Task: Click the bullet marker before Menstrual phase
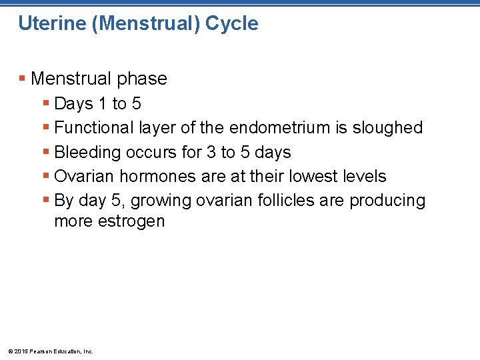coord(23,79)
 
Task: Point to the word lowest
coord(316,176)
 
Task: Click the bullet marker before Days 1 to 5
coord(46,104)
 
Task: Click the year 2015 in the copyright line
coord(19,351)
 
